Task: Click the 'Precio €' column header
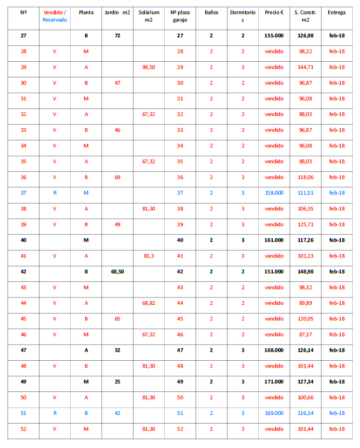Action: (x=274, y=12)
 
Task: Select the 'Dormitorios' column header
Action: (x=242, y=16)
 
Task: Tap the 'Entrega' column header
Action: (x=337, y=12)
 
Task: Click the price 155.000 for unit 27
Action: (x=274, y=36)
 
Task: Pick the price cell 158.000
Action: (x=274, y=193)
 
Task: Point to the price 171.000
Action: (x=274, y=382)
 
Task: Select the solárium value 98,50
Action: (x=149, y=67)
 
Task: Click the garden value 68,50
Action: (x=117, y=271)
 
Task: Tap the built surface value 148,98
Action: (x=305, y=271)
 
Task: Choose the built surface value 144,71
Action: (x=305, y=67)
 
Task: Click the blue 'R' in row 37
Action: (x=55, y=193)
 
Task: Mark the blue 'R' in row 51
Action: (x=55, y=413)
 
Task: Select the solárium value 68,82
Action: (x=149, y=303)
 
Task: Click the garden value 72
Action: (x=117, y=36)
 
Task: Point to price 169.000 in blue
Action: (x=274, y=413)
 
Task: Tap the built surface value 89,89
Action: (x=305, y=303)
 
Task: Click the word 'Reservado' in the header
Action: (x=55, y=19)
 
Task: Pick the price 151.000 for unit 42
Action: (x=274, y=271)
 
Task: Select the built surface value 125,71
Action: (x=305, y=224)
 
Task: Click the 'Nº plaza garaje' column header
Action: (x=180, y=16)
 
